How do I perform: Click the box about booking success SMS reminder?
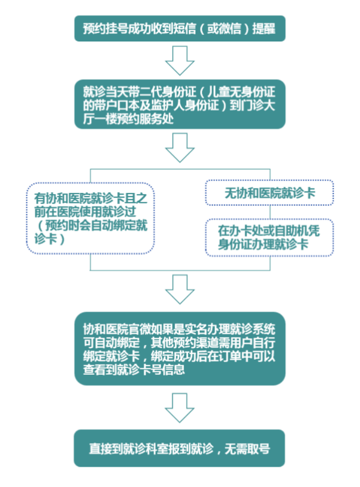pos(179,29)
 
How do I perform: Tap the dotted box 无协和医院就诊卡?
pos(269,193)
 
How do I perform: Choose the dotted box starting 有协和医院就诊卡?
pos(90,218)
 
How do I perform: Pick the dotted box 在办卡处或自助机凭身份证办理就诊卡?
pos(269,237)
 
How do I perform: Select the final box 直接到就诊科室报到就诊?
pos(179,448)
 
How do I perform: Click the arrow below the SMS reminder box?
pos(179,60)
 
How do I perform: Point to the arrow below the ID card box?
pos(179,148)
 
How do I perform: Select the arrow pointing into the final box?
pos(179,408)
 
